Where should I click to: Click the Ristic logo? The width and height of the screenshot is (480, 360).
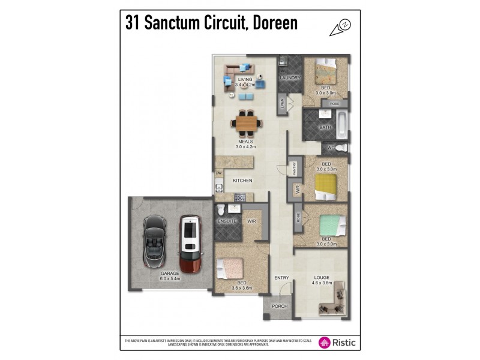[338, 342]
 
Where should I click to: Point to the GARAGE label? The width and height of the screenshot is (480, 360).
[170, 273]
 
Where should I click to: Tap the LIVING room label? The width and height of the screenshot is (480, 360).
[245, 79]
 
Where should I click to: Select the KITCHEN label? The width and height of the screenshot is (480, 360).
[242, 180]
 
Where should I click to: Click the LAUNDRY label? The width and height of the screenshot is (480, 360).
[290, 78]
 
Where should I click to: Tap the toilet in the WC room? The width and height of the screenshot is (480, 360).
[340, 148]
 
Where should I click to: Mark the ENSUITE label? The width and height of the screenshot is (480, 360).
[227, 221]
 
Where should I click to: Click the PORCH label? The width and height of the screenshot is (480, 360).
[280, 306]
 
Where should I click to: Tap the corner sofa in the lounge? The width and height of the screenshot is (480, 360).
[334, 307]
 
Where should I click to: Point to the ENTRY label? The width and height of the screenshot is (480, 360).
[282, 278]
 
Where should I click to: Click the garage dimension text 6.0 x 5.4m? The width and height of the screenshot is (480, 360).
[170, 279]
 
